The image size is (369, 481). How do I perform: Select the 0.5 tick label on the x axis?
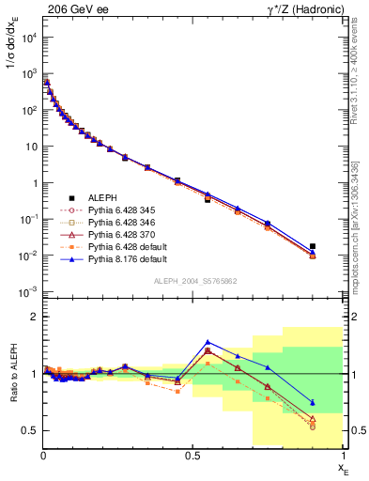point(192,455)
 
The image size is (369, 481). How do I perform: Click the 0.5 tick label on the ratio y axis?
point(30,430)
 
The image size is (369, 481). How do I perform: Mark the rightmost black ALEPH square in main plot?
point(313,246)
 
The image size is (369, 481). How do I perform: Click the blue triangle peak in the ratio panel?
point(208,342)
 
